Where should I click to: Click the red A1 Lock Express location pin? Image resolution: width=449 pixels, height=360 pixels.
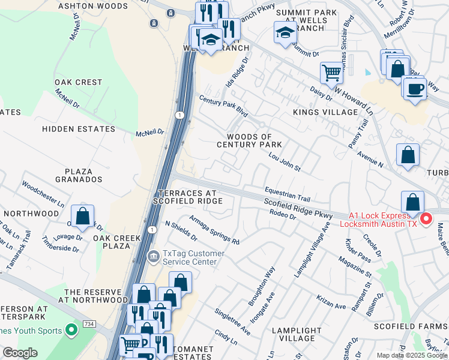point(426,218)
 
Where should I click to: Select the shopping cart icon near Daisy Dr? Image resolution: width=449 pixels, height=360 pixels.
point(331,74)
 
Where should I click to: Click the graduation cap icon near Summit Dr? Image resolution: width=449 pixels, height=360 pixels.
point(285,33)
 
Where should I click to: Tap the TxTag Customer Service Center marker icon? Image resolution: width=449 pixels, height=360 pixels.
point(154,257)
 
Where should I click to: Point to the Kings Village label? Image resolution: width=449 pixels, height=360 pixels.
point(325,112)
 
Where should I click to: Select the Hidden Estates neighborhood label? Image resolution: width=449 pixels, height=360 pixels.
point(78,129)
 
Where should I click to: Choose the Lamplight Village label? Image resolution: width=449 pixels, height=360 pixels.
point(297,335)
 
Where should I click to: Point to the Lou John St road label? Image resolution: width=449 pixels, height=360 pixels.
point(284,162)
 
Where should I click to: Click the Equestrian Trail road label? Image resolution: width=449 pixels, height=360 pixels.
point(288,194)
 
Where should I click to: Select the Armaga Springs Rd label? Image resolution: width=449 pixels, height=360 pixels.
point(214,230)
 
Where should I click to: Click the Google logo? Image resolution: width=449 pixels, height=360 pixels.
point(20,353)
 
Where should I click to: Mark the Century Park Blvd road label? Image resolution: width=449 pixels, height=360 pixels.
point(223,107)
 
